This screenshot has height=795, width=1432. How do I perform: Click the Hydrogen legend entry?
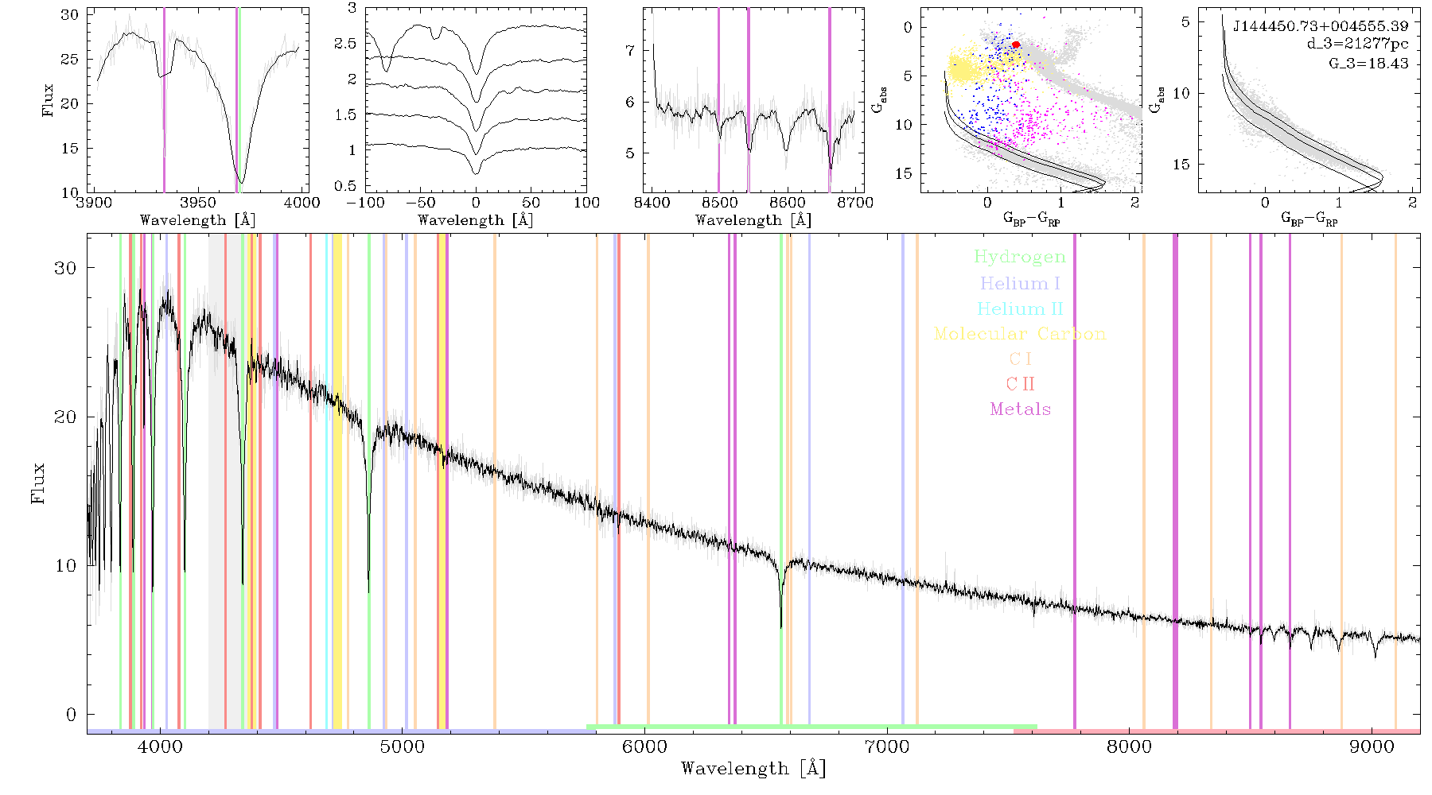pyautogui.click(x=1020, y=257)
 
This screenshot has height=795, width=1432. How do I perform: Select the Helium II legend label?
pyautogui.click(x=1020, y=308)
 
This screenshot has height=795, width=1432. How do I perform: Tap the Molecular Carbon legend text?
pyautogui.click(x=1020, y=334)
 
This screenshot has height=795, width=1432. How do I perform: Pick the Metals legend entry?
pyautogui.click(x=1020, y=409)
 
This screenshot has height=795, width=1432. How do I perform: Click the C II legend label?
pyautogui.click(x=1020, y=384)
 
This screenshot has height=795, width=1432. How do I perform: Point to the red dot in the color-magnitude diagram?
pyautogui.click(x=1016, y=45)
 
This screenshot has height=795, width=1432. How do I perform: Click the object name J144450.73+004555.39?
pyautogui.click(x=1321, y=26)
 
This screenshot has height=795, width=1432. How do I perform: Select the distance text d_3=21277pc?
pyautogui.click(x=1357, y=44)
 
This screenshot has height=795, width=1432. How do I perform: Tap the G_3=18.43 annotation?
pyautogui.click(x=1368, y=63)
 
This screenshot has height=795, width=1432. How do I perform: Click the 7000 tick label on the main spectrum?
pyautogui.click(x=886, y=747)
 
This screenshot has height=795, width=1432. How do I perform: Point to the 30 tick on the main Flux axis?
pyautogui.click(x=64, y=268)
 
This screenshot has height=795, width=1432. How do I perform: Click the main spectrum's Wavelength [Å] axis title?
pyautogui.click(x=753, y=769)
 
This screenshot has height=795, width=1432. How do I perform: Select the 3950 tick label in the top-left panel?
pyautogui.click(x=198, y=203)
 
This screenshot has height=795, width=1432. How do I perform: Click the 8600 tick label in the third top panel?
pyautogui.click(x=787, y=203)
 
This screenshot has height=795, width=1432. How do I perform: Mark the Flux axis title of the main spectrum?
pyautogui.click(x=37, y=483)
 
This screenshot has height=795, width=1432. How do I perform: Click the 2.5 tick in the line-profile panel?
pyautogui.click(x=345, y=44)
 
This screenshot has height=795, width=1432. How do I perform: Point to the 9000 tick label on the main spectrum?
pyautogui.click(x=1372, y=747)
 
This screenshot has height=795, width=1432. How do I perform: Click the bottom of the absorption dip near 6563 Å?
pyautogui.click(x=781, y=627)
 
